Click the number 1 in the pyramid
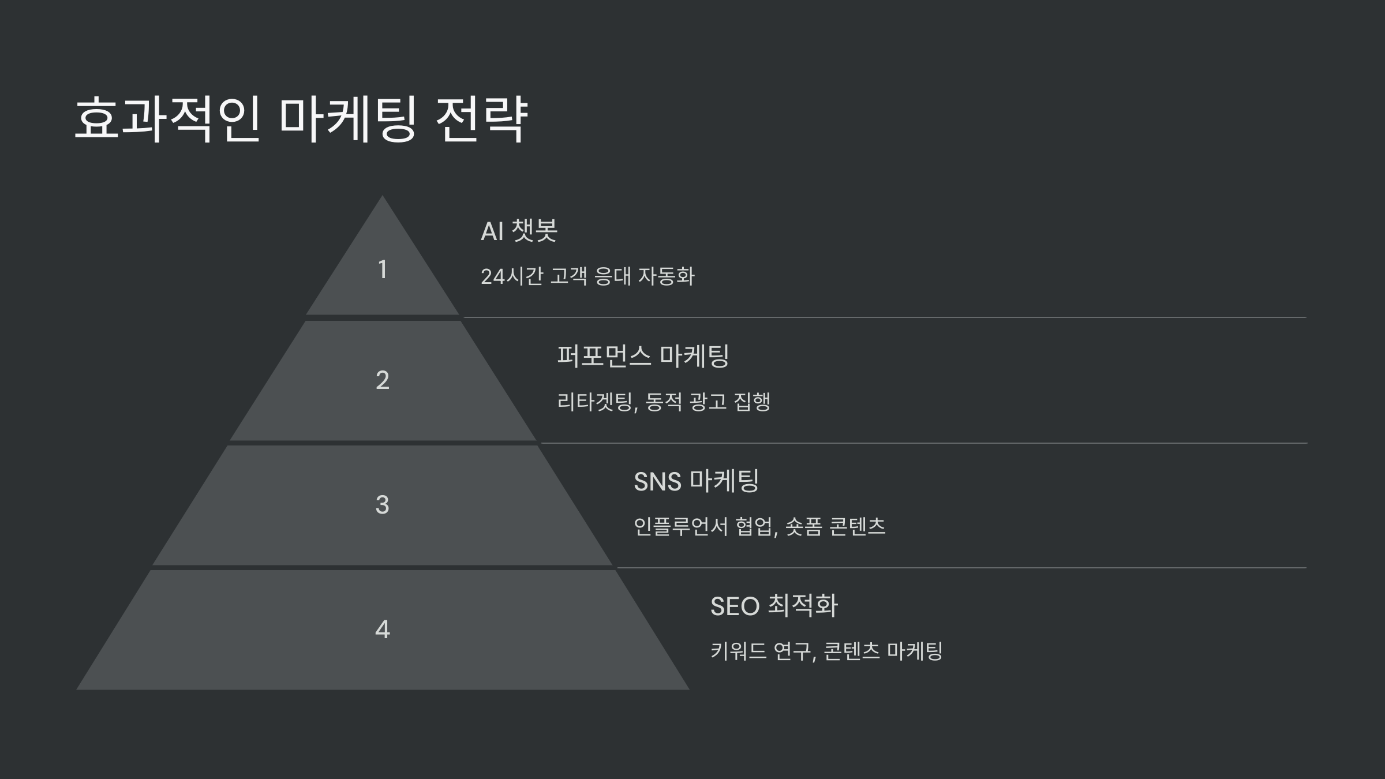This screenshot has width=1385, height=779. pos(382,269)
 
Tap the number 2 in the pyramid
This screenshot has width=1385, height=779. pos(382,380)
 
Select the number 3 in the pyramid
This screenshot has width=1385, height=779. pos(382,505)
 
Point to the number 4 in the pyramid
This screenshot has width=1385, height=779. pos(382,630)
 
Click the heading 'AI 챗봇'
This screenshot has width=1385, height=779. pos(519,231)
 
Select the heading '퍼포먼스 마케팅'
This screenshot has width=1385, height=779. pos(643,356)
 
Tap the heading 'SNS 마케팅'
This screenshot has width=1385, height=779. pos(696,481)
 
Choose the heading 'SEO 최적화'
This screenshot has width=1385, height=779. pos(773,606)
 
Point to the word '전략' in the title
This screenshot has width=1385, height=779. pos(481,119)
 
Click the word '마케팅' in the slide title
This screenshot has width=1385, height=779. pos(346,119)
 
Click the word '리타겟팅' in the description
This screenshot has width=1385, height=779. pos(596,402)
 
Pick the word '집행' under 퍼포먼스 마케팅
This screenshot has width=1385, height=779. pos(752,402)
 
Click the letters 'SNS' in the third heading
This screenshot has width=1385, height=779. pos(657,482)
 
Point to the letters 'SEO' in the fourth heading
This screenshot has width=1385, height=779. pos(735,606)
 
